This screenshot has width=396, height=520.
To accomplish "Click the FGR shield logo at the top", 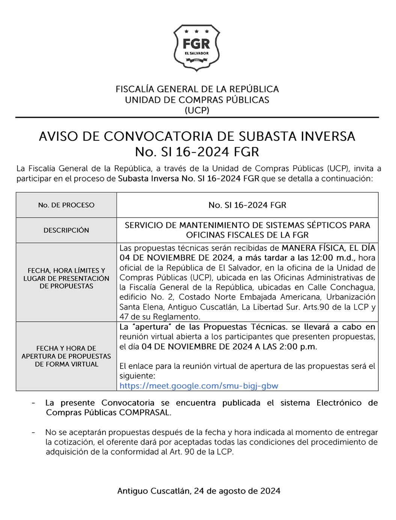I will pos(197,48).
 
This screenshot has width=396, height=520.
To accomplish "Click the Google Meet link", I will pos(199,386).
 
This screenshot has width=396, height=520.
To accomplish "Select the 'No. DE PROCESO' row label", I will pos(66,205).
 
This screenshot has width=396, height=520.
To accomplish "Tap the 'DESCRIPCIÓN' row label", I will pos(66,230).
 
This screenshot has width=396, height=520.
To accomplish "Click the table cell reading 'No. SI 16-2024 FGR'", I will pos(247,205).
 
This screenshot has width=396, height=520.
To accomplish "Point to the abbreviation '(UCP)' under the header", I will pos(197,110).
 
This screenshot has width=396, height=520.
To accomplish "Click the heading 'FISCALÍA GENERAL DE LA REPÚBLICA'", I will pos(197,89).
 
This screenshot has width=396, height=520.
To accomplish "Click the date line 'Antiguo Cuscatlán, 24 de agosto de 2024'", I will pos(199,491).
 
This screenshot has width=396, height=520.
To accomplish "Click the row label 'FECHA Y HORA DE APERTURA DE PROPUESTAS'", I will pos(66,356).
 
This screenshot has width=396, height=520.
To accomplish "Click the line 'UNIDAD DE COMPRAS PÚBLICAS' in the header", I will pos(197,100).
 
